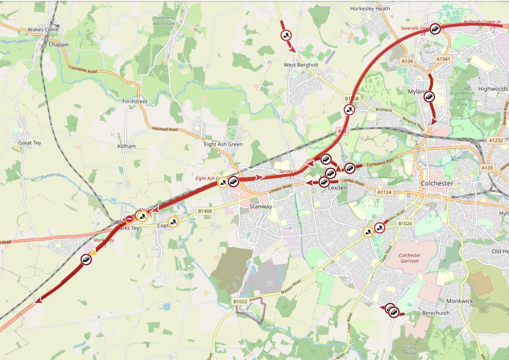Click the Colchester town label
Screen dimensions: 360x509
tap(437, 183)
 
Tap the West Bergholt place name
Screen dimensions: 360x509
tap(300, 65)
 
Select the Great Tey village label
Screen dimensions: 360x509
tap(30, 143)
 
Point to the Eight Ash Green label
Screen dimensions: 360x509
tap(223, 144)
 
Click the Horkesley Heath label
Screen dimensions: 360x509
tap(370, 8)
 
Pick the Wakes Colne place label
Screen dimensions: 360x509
tap(41, 29)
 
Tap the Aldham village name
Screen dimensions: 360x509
tap(127, 146)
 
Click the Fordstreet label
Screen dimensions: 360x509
tap(135, 101)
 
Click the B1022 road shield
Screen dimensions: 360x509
tap(240, 301)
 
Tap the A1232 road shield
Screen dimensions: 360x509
tap(496, 140)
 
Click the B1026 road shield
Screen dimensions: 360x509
tap(405, 223)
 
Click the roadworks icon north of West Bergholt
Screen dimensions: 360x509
tap(286, 35)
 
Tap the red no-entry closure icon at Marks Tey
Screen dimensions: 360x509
tap(130, 219)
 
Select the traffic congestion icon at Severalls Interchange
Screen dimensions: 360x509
tap(435, 29)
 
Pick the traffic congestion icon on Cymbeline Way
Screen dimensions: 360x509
tap(349, 168)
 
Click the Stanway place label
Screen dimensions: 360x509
tap(260, 207)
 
